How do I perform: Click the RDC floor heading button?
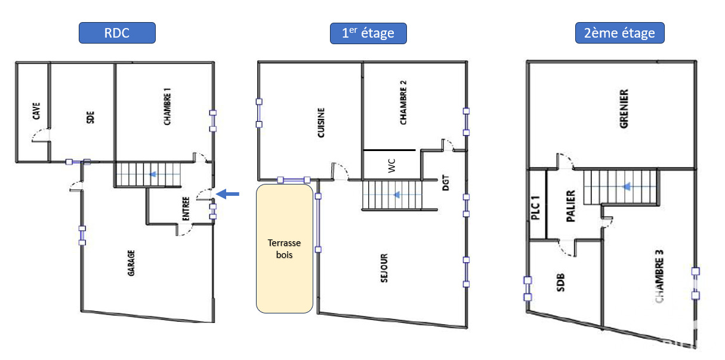(117, 33)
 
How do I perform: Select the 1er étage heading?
(368, 33)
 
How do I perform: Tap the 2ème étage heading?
(620, 33)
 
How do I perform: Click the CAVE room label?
(36, 111)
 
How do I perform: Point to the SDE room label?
(90, 117)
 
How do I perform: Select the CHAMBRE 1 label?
(167, 106)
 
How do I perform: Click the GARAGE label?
(131, 263)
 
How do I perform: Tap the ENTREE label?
(186, 209)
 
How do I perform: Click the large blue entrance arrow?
(227, 194)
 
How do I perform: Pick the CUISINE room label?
(321, 123)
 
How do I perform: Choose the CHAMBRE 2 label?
(403, 102)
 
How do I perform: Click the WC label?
(391, 165)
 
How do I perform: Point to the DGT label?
(446, 183)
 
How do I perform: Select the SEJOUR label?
(384, 268)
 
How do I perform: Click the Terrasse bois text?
(284, 248)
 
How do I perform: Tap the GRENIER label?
(624, 109)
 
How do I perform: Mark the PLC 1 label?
(536, 208)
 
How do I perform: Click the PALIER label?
(570, 206)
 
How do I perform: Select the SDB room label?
(560, 282)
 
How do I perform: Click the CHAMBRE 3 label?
(659, 276)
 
